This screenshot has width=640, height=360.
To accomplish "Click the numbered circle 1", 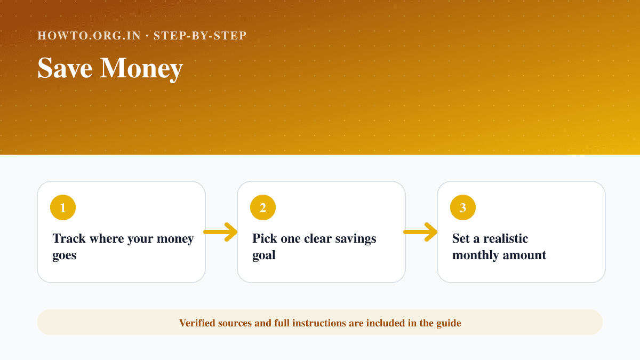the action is point(63,207).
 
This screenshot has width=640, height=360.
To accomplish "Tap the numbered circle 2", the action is point(263,207).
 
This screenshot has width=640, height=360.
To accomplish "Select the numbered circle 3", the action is point(463,207).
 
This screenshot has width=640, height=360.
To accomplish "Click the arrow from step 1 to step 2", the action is point(220,232).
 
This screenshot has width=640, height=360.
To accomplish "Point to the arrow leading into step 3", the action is point(420,232).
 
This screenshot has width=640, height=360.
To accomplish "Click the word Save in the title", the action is point(65,68).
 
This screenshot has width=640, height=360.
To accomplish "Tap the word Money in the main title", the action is point(141,69).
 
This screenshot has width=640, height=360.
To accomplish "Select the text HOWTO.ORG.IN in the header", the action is point(89,36).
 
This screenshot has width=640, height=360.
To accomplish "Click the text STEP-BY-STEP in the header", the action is point(200,36).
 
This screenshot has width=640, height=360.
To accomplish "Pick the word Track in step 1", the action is point(69,238).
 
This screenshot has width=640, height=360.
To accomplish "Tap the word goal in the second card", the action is point(263,255).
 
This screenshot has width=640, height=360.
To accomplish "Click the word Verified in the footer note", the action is point(197,323).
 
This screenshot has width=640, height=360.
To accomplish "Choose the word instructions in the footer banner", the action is point(318,323).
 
